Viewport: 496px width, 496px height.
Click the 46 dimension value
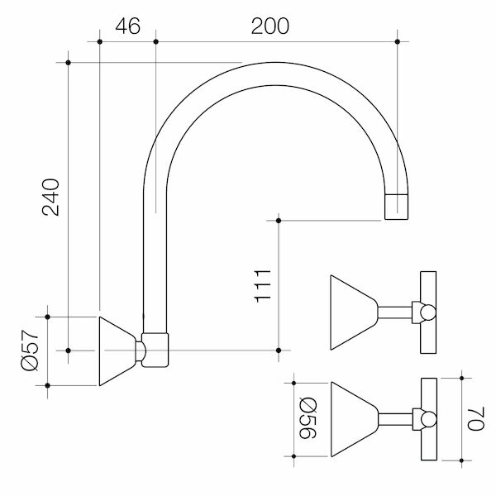point(126,26)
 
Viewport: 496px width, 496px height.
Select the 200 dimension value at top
point(270,26)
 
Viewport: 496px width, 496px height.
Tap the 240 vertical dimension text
point(50,197)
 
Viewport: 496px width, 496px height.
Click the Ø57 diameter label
point(30,351)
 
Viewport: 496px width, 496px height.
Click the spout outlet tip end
point(398,207)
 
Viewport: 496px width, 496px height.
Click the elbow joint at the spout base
point(156,350)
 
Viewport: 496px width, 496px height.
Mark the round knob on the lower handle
point(427,420)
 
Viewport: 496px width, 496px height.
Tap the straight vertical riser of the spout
point(156,265)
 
